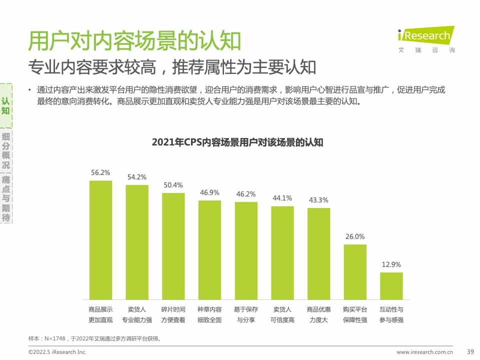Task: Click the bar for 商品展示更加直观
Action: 100,240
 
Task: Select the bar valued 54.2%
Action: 137,242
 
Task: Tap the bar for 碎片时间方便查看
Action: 173,246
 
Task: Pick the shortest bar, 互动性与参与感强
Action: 391,286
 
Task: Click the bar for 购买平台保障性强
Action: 355,272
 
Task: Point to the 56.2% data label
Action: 100,172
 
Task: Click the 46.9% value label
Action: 209,192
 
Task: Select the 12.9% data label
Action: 391,264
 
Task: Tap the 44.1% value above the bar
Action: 282,198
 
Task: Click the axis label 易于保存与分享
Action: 246,314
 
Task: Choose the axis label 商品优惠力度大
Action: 318,314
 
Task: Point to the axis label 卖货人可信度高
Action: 282,314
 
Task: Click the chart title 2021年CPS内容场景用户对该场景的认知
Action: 237,142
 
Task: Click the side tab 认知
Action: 5,105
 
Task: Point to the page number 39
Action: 469,351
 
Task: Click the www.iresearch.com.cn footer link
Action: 424,352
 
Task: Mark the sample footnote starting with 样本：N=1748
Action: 95,338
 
